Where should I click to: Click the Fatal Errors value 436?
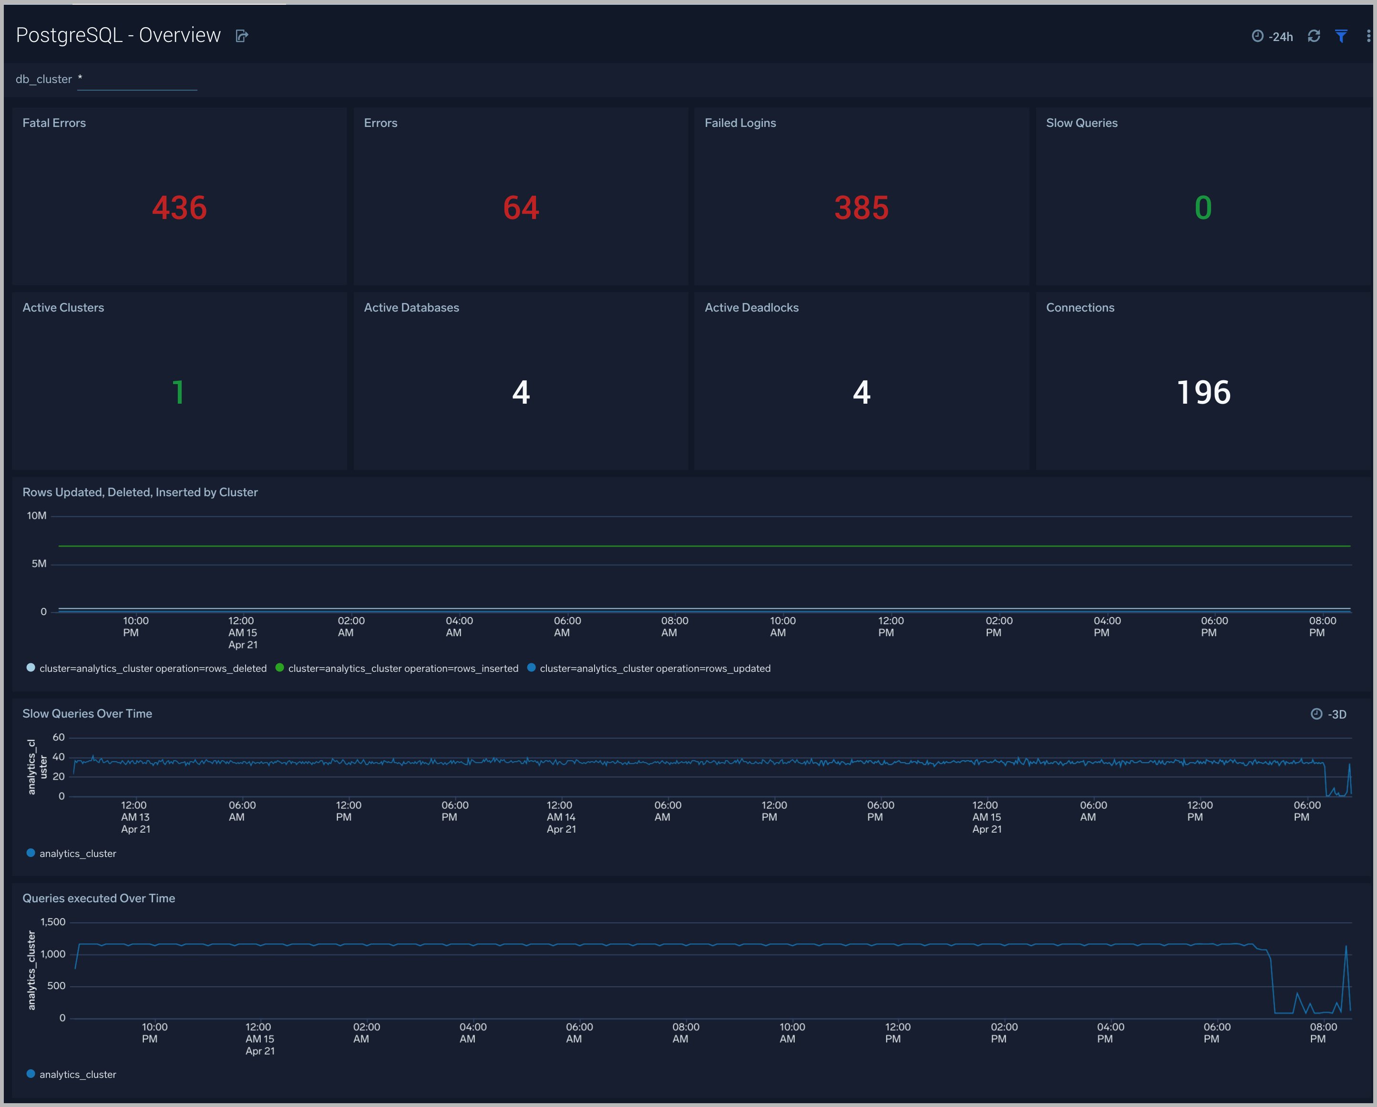tap(179, 208)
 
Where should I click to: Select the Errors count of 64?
tap(521, 208)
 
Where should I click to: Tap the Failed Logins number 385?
tap(861, 208)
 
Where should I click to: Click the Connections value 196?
tap(1203, 392)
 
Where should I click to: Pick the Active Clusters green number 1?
tap(178, 392)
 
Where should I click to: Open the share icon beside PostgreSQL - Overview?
tap(241, 36)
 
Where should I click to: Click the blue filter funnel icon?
tap(1341, 36)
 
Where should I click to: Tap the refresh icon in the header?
tap(1313, 36)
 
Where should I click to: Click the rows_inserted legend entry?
tap(402, 668)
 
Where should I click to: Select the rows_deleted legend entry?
tap(152, 668)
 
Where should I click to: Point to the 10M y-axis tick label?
tap(36, 516)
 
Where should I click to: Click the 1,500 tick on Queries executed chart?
tap(53, 922)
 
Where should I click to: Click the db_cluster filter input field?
tap(137, 79)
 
